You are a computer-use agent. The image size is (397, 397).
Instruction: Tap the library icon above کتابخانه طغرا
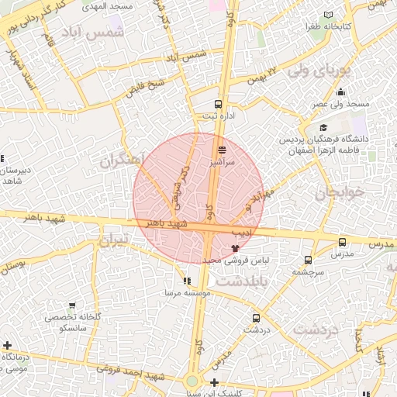click(x=329, y=15)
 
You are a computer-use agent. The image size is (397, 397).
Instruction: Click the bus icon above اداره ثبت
click(x=218, y=103)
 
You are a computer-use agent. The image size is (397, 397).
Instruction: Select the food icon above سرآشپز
click(x=223, y=149)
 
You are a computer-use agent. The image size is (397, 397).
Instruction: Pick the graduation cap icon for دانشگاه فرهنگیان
click(x=323, y=128)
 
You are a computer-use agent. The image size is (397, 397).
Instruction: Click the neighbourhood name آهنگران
click(x=122, y=161)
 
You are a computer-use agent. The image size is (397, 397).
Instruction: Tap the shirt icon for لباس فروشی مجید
click(x=235, y=248)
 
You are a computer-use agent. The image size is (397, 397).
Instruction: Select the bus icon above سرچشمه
click(x=309, y=261)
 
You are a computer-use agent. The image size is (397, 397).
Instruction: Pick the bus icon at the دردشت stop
click(x=256, y=318)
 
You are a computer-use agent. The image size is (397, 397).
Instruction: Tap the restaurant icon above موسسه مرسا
click(x=186, y=281)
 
